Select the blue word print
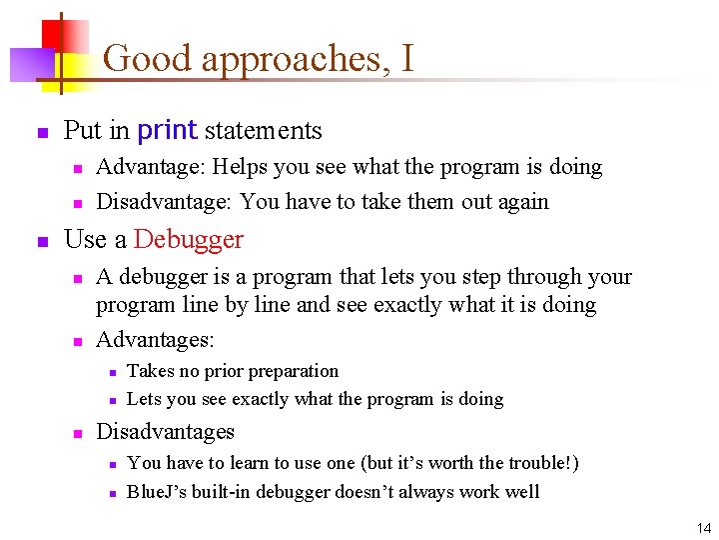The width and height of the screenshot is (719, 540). click(167, 130)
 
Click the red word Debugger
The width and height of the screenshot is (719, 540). click(189, 240)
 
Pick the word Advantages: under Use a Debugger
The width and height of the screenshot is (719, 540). click(155, 340)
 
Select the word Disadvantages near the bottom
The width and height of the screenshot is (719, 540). click(165, 432)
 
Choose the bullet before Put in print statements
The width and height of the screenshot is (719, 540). click(42, 132)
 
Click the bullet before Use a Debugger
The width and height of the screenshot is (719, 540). click(42, 241)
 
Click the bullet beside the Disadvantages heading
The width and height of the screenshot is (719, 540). click(77, 433)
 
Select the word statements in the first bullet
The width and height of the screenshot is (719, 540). click(263, 131)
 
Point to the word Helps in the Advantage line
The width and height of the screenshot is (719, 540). click(238, 167)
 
